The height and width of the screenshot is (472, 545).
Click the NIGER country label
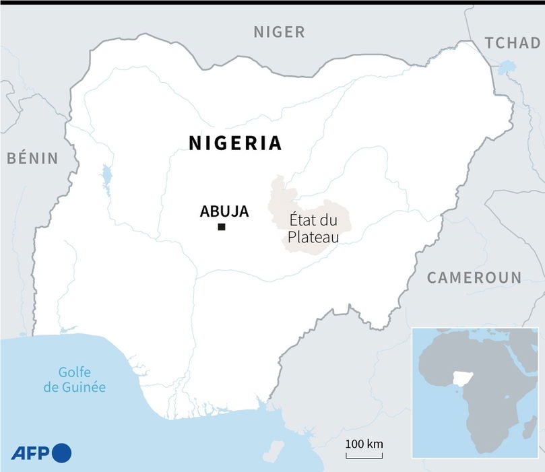tap(279, 31)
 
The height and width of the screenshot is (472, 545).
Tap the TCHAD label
tap(512, 43)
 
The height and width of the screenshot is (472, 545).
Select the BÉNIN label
tap(32, 158)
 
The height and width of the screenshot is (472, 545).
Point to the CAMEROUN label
tap(474, 277)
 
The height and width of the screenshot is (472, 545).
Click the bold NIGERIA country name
tap(235, 143)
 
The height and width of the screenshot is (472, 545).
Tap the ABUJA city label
tap(224, 211)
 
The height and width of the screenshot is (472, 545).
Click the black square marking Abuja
tap(221, 228)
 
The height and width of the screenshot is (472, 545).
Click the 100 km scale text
tap(364, 444)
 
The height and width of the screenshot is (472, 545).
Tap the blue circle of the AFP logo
tap(61, 453)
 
